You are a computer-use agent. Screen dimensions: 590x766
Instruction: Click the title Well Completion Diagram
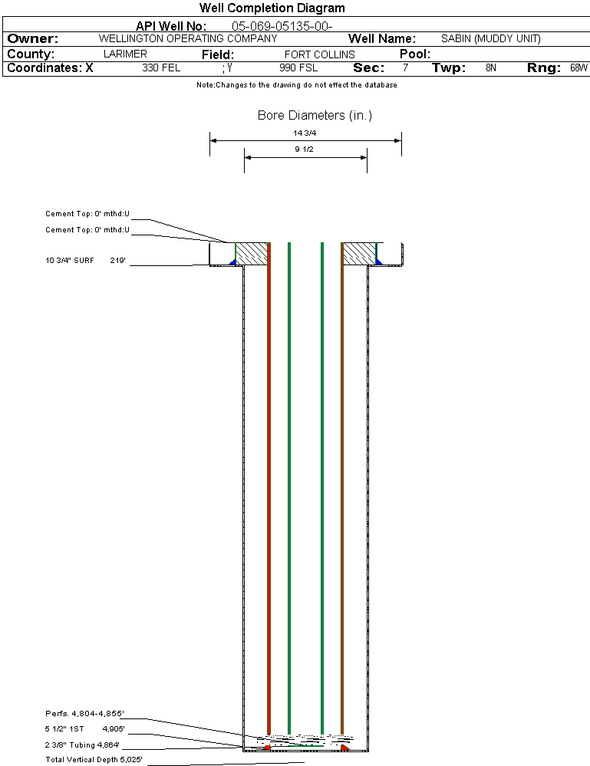(x=272, y=8)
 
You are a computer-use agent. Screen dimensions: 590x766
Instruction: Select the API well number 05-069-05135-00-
(x=282, y=26)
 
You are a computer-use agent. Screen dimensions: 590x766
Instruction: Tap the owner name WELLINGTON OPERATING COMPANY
(x=188, y=38)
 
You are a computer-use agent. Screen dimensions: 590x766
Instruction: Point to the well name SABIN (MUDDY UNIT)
(x=491, y=38)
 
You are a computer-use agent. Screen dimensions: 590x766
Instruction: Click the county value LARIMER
(x=125, y=54)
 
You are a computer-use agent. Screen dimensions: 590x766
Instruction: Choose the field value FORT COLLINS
(x=320, y=54)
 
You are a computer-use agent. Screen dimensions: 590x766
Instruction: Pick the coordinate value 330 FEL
(x=161, y=67)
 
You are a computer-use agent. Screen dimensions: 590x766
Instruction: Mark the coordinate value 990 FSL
(x=298, y=67)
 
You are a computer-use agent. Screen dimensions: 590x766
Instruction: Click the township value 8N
(x=491, y=67)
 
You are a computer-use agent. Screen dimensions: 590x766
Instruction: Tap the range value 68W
(x=578, y=67)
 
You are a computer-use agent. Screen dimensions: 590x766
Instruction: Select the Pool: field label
(x=415, y=54)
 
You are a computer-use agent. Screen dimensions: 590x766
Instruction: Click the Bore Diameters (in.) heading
(x=315, y=115)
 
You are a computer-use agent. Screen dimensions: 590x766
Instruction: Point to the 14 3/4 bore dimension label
(x=305, y=133)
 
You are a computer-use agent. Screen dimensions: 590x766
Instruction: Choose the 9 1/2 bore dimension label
(x=304, y=149)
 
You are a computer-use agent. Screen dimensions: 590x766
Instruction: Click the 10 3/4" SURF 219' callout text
(x=85, y=261)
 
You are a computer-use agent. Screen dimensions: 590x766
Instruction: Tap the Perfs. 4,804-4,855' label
(x=84, y=714)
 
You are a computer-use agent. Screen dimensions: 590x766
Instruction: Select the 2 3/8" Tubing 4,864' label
(x=82, y=745)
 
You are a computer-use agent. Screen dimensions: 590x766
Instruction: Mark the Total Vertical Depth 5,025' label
(x=94, y=760)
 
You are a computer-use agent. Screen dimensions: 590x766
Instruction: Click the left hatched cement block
(x=252, y=254)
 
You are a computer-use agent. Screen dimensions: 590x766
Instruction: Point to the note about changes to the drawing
(x=297, y=85)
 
